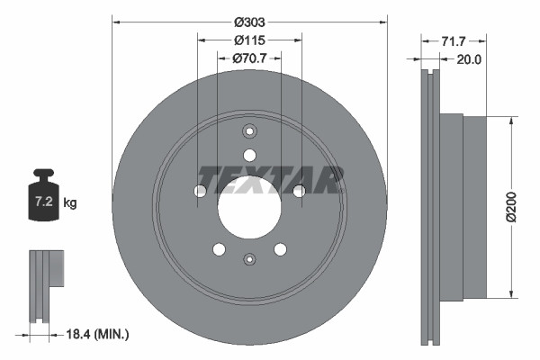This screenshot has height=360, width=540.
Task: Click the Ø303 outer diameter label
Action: point(249,22)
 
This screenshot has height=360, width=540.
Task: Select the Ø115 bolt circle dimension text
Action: point(249,40)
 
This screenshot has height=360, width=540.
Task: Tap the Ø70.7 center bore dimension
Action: point(249,58)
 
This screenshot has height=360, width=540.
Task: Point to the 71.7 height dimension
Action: point(454,41)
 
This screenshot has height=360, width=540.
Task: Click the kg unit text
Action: point(70,203)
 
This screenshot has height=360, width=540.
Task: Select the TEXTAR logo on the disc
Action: point(271,179)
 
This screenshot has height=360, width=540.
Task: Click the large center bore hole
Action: point(249,207)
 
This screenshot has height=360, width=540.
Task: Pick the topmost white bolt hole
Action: point(249,155)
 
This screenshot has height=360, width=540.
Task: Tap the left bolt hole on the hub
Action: point(200,191)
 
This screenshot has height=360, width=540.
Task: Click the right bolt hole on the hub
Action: point(299,191)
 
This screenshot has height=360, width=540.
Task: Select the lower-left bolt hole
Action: point(219,249)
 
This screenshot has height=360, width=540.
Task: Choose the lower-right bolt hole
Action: point(280,249)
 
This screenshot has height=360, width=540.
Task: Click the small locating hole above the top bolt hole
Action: point(249,129)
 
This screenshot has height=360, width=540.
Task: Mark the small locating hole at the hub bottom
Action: point(249,259)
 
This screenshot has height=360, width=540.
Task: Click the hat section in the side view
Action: point(463,207)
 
